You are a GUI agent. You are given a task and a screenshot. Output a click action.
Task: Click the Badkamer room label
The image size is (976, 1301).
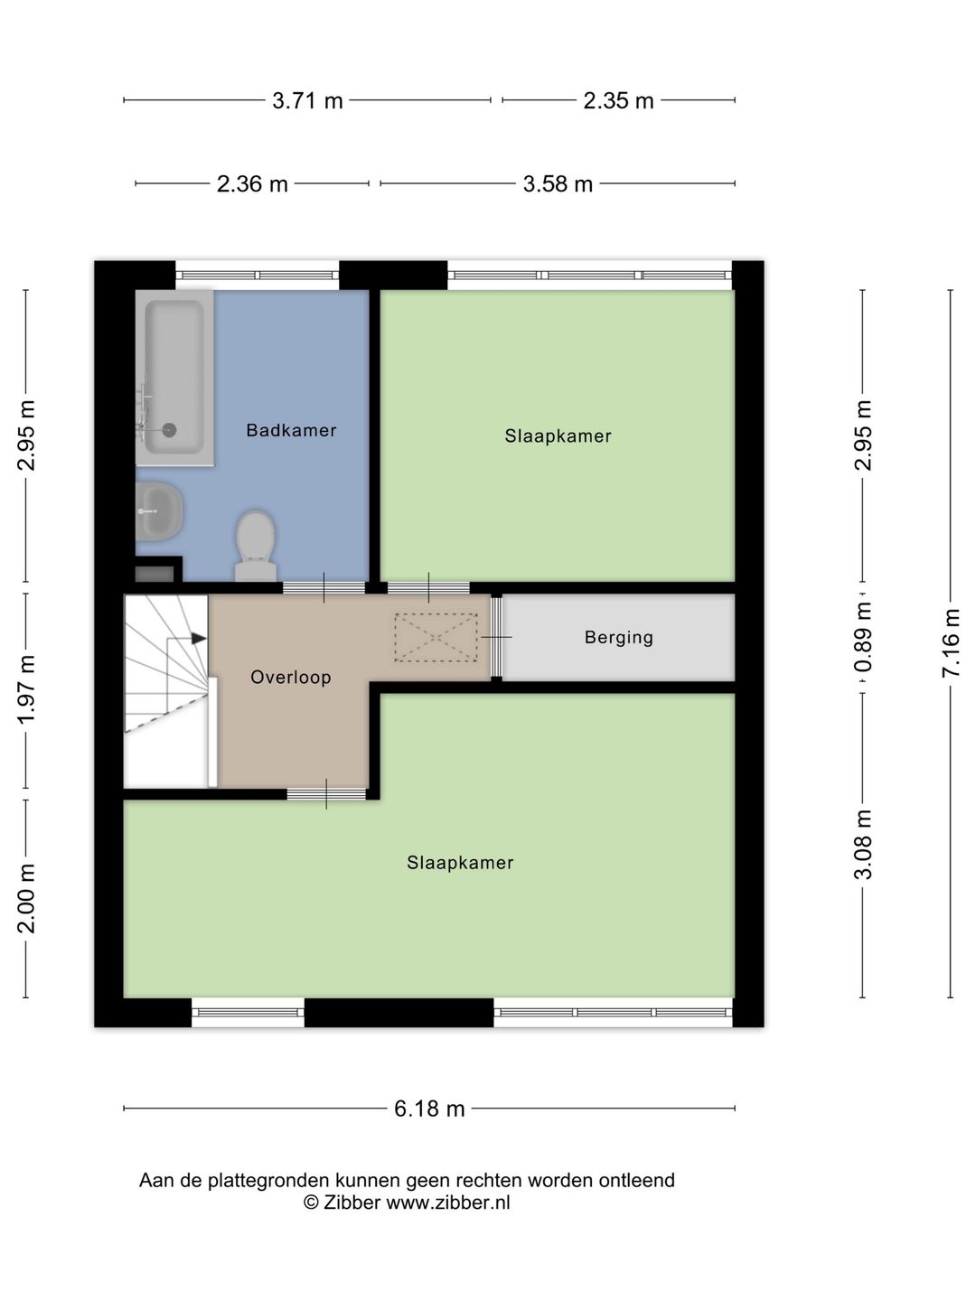(291, 430)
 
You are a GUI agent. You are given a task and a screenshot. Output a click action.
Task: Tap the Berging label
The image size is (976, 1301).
(619, 638)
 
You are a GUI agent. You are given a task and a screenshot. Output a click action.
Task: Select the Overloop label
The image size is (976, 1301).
(290, 677)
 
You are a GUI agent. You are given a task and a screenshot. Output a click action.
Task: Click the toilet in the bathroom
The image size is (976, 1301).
(256, 546)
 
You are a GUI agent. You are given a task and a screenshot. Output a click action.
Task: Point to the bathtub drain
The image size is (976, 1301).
(170, 430)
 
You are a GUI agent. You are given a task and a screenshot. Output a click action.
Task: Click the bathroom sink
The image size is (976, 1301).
(159, 511)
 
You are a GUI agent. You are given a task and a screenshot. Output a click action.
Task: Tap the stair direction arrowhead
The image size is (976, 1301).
(199, 639)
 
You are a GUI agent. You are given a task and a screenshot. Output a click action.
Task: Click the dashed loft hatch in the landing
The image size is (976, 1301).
(436, 638)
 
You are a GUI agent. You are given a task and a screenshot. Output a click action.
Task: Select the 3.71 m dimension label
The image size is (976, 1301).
(307, 101)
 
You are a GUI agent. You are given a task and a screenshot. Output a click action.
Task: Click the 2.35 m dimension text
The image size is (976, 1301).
(618, 101)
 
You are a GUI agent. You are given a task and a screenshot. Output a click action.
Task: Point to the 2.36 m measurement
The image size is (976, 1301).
(252, 183)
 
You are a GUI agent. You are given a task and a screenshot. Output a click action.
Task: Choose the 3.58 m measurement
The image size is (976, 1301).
(558, 183)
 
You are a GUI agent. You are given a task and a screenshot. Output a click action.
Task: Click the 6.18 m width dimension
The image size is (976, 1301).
(429, 1109)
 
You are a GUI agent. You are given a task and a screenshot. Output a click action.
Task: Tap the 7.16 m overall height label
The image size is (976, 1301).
(951, 642)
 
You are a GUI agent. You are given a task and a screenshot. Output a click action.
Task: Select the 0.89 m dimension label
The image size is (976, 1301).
(863, 637)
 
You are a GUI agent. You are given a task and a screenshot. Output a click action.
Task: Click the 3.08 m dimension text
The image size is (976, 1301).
(863, 845)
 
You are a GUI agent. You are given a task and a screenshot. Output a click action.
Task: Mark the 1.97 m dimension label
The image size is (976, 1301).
(26, 690)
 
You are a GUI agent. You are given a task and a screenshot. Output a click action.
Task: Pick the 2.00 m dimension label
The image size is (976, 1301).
(26, 898)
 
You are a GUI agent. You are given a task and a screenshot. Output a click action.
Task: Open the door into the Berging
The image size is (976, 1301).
(497, 637)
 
